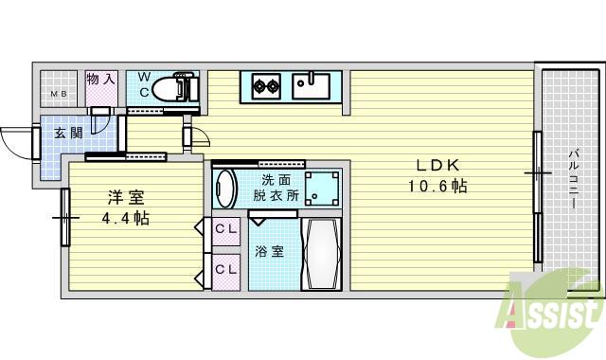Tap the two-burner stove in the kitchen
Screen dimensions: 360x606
tap(265, 87)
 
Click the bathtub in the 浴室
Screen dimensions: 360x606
tap(323, 254)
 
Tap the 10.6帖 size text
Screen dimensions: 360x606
tap(437, 187)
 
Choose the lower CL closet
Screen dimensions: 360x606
tap(224, 270)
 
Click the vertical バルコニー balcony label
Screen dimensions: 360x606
tap(574, 179)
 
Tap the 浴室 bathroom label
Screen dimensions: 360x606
tap(269, 252)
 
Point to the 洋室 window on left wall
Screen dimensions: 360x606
tap(66, 217)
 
